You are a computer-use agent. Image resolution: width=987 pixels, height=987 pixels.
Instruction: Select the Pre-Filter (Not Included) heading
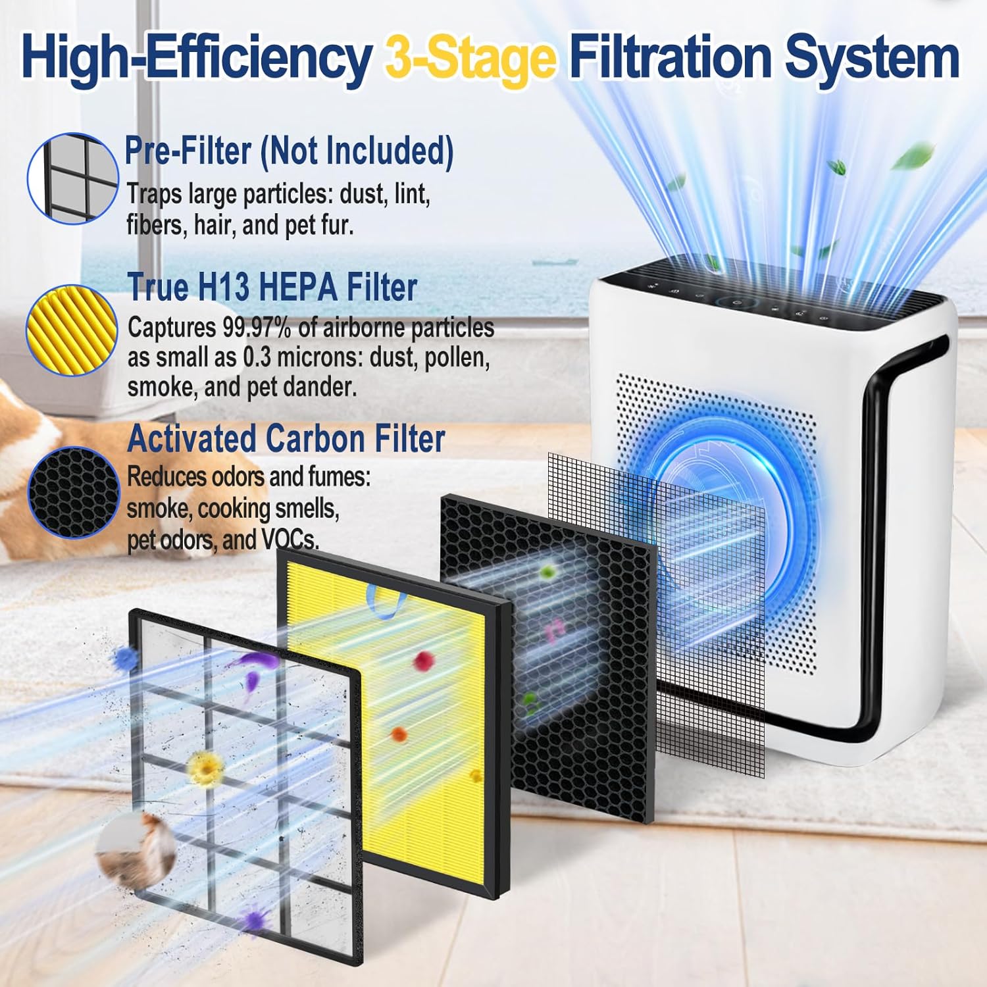point(289,151)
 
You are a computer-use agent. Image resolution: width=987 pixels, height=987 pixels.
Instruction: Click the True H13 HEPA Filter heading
point(272,288)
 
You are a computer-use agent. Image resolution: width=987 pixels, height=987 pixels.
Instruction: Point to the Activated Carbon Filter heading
point(286,439)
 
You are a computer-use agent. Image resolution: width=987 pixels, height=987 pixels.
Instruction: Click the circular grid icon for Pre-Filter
point(72,178)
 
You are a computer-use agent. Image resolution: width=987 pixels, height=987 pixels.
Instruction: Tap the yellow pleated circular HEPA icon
point(72,330)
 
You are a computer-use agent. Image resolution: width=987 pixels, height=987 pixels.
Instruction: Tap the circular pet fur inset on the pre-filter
point(136,851)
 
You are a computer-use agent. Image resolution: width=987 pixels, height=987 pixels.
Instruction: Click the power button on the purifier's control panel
point(736,303)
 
